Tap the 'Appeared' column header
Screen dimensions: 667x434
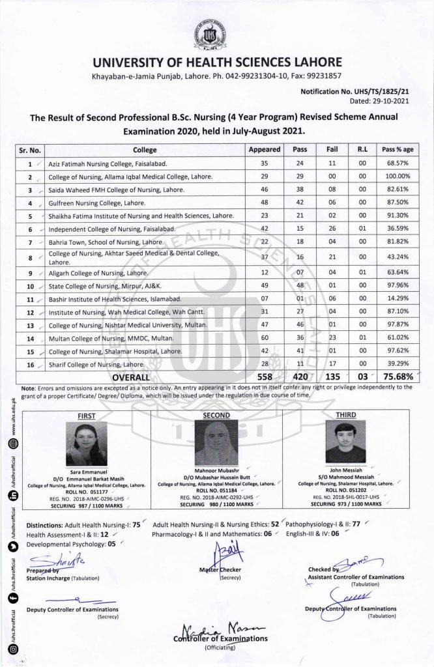pos(265,149)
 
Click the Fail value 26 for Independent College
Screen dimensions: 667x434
pos(331,230)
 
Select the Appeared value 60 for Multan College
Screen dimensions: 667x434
pos(265,339)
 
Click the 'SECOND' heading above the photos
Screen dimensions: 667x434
pos(216,414)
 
